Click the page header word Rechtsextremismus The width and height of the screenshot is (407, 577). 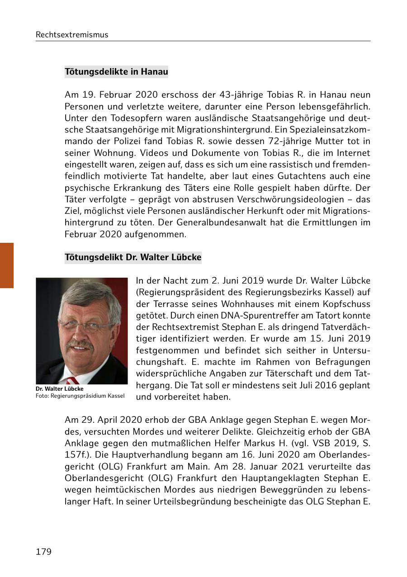pyautogui.click(x=72, y=35)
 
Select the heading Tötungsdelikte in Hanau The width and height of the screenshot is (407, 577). pyautogui.click(x=116, y=71)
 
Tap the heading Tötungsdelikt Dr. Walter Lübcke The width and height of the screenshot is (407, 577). pyautogui.click(x=133, y=257)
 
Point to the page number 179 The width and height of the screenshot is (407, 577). pyautogui.click(x=44, y=552)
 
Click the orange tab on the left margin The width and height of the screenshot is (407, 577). pyautogui.click(x=7, y=265)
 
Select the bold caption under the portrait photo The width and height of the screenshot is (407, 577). pyautogui.click(x=60, y=389)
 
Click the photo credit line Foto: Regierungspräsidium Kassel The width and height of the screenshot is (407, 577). pyautogui.click(x=80, y=396)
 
